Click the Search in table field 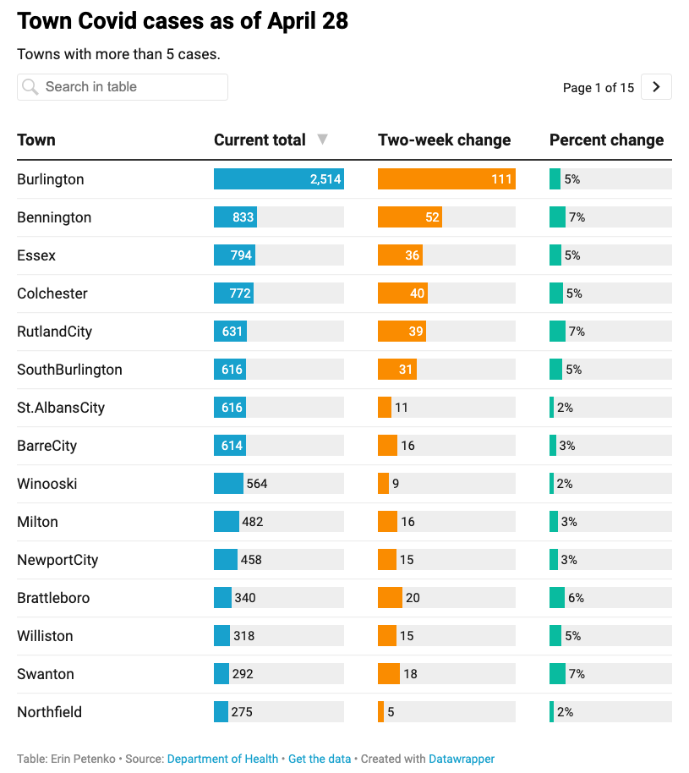pos(123,87)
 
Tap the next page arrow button pos(656,87)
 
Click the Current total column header pos(260,140)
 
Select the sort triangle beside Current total pos(322,140)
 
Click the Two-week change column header pos(444,140)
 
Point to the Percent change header pos(606,140)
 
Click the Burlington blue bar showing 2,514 pos(278,179)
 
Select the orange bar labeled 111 pos(446,179)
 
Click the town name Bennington pos(54,217)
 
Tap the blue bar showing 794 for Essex pos(234,255)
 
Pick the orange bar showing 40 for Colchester pos(402,293)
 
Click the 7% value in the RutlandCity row pos(577,332)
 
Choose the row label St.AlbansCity pos(61,408)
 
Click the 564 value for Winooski pos(256,484)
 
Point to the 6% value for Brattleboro pos(576,598)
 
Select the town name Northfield pos(50,712)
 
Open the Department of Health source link pos(222,759)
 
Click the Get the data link pos(319,759)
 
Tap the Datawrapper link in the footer pos(462,759)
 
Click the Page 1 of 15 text pos(598,88)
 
